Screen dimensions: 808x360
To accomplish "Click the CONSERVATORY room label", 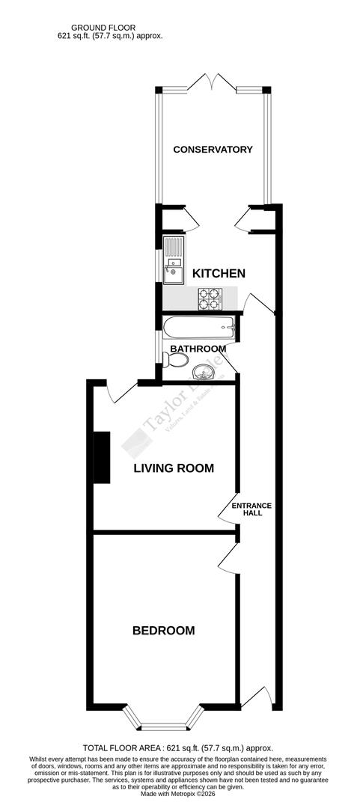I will coord(213,150).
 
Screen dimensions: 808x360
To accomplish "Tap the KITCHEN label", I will coord(219,274).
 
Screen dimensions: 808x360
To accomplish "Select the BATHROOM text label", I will coord(198,349).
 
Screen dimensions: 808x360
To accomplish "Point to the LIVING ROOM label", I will coord(174,469).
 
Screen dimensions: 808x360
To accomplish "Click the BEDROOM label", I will coord(163,631).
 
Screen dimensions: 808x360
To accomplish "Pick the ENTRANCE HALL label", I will coord(251,509).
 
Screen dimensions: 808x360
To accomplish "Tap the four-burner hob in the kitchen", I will coord(210,299).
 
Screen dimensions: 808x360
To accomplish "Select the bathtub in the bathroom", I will coord(199,327).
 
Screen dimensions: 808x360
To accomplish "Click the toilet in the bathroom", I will coord(177,361).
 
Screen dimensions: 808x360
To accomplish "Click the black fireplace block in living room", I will coord(100,457).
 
